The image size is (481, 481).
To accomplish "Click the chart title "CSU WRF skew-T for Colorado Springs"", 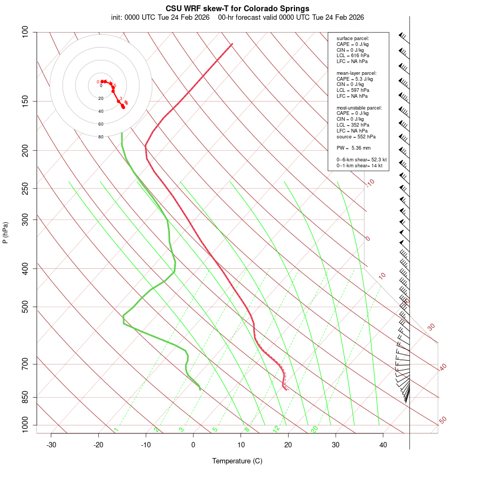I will coord(237,9).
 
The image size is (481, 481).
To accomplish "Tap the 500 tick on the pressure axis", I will coord(26,307).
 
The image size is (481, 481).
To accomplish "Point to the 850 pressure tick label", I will coord(26,397).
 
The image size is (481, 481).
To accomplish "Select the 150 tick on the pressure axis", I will coord(26,101).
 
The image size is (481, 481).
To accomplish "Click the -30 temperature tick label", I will coord(51,445).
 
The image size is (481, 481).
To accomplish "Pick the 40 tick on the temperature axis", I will coord(383,445).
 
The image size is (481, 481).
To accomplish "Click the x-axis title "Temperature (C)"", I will coord(237,461).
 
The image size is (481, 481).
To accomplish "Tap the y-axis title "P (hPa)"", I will coord(5,232).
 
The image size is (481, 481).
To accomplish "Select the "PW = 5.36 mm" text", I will coord(353,148).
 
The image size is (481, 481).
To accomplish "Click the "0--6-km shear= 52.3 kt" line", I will coord(361,160).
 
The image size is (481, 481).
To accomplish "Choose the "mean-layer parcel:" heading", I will coord(356,73).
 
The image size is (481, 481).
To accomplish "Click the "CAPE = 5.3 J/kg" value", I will coord(355,79).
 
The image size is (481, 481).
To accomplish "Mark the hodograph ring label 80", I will coord(100,137).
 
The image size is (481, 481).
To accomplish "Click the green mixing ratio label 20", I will coord(315,429).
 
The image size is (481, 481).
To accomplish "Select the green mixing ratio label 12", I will coord(276,429).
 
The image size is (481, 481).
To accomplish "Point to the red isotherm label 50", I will coord(443,421).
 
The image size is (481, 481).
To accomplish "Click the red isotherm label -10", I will coord(370,183).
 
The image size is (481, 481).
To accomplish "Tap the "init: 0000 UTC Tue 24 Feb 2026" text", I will coord(160,17).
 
